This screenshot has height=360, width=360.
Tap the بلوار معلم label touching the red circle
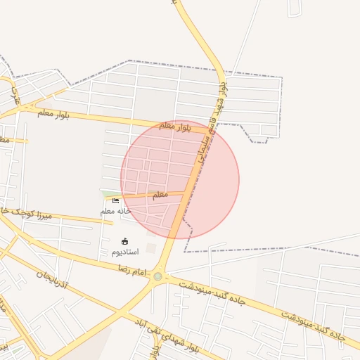coord(176,127)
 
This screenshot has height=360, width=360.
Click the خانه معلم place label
coord(116,211)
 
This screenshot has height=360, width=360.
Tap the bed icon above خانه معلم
coord(115,201)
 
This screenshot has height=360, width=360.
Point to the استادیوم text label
coord(125,251)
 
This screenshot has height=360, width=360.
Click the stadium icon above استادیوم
coord(125,241)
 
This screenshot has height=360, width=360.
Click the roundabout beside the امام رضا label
coord(157,276)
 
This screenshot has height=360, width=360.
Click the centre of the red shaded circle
coord(180,180)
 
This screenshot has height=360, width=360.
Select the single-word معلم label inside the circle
coord(160,195)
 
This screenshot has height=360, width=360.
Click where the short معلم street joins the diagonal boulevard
coord(186,192)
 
